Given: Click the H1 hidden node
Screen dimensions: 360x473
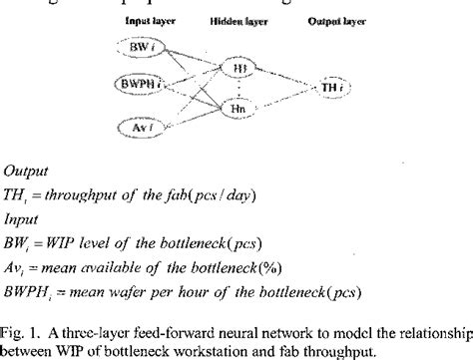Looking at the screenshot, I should [239, 68].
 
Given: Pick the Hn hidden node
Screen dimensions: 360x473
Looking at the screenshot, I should [239, 108].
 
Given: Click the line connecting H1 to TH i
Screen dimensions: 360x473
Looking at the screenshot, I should [283, 77].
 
